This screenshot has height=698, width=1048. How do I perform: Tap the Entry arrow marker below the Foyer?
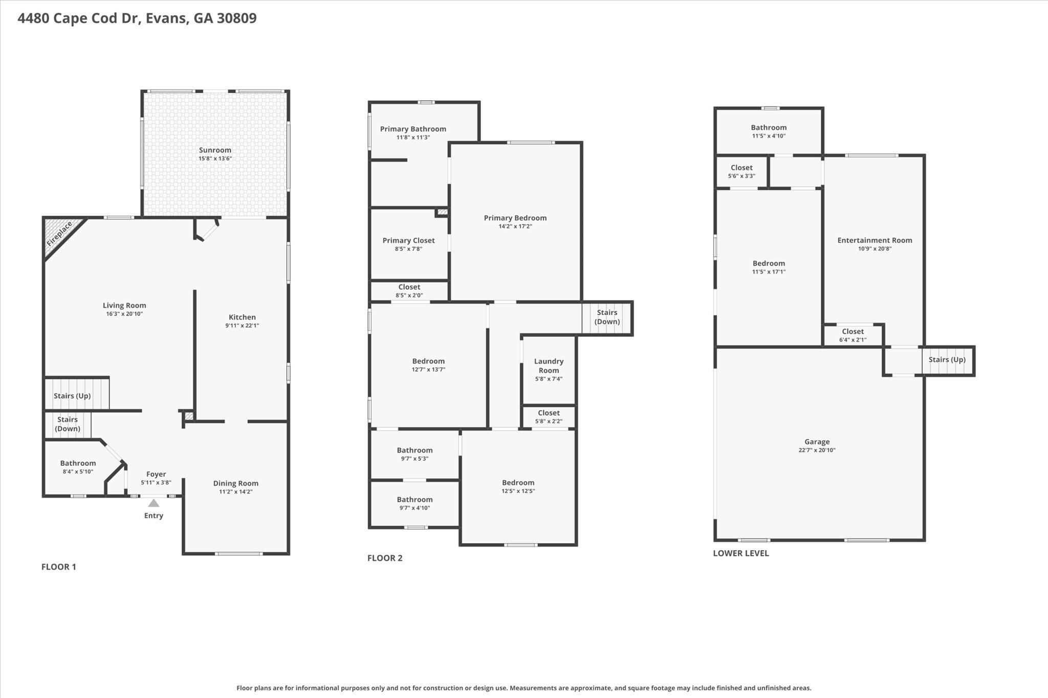[154, 503]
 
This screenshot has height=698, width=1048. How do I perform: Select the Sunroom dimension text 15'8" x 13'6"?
[215, 159]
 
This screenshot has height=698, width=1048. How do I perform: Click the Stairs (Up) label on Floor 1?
[72, 396]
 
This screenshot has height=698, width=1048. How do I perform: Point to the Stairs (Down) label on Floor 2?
[607, 317]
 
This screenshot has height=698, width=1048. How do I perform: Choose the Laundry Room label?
[549, 366]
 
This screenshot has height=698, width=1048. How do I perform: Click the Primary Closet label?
[408, 240]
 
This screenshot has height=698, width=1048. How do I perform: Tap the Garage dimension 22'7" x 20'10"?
[817, 450]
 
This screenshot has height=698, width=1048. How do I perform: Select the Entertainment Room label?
[875, 240]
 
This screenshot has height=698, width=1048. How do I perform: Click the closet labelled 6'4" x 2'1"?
[853, 335]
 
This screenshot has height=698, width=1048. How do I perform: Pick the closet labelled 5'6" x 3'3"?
[741, 171]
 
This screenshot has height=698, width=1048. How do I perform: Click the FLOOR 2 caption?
[385, 558]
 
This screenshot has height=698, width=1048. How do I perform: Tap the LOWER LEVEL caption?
[740, 553]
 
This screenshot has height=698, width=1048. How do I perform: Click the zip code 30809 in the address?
[236, 18]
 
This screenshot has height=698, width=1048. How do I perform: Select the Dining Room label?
[235, 483]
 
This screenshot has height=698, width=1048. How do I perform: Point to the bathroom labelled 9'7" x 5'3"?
[414, 454]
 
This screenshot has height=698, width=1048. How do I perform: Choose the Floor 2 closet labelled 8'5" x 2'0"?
[409, 291]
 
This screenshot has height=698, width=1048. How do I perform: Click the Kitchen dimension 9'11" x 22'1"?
[242, 325]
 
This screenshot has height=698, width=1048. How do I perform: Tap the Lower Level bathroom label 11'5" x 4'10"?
[769, 131]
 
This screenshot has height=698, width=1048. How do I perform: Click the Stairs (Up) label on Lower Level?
[947, 359]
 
